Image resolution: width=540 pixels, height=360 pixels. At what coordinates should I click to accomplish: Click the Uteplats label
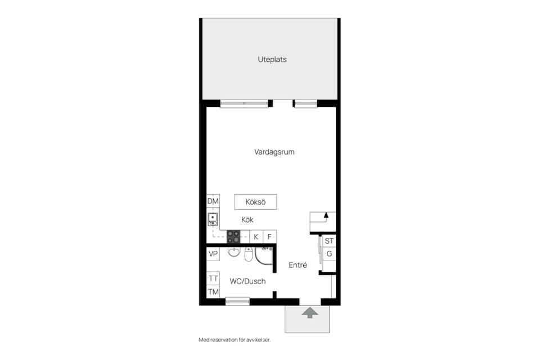(x=272, y=59)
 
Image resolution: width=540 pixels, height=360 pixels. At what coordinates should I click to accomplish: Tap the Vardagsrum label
(x=274, y=152)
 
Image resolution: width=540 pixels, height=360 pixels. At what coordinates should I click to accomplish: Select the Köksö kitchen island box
(x=255, y=201)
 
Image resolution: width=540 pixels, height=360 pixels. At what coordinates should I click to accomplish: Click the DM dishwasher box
(x=213, y=201)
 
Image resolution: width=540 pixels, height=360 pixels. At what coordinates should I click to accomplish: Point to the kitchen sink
(x=213, y=219)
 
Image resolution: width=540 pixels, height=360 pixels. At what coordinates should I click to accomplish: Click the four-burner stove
(x=233, y=237)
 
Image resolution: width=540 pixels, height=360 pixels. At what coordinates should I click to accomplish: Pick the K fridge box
(x=256, y=237)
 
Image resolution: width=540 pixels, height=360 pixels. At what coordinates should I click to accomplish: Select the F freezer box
(x=271, y=237)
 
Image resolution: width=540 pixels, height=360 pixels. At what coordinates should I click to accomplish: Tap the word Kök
(x=247, y=220)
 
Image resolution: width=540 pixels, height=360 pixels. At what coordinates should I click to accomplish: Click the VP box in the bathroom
(x=213, y=254)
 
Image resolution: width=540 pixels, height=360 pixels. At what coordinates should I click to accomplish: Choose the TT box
(x=213, y=278)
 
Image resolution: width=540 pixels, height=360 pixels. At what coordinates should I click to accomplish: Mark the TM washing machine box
(x=213, y=291)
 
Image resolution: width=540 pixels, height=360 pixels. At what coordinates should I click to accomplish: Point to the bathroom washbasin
(x=235, y=252)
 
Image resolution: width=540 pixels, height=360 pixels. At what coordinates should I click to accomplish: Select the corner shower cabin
(x=264, y=255)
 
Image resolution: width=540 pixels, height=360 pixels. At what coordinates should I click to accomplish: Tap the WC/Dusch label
(x=247, y=281)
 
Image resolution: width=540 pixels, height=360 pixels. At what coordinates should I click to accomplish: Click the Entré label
(x=298, y=265)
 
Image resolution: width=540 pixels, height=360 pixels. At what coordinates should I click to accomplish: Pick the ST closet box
(x=329, y=241)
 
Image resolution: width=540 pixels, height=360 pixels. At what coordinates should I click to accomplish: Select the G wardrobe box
(x=329, y=254)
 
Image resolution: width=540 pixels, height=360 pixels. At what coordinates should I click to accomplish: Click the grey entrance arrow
(x=308, y=313)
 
